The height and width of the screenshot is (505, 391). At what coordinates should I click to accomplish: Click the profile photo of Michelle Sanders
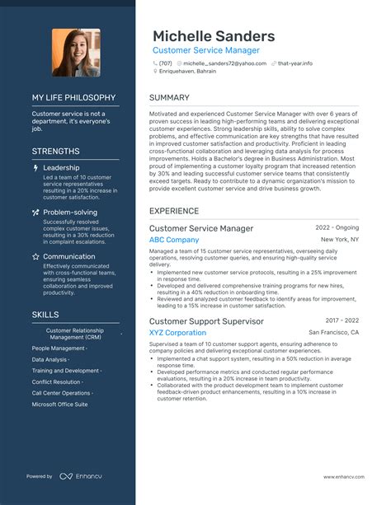pos(76,53)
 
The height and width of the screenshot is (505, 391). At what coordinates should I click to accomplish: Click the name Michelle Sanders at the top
pos(213,36)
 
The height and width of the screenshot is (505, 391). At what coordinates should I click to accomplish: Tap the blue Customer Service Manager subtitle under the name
pos(205,50)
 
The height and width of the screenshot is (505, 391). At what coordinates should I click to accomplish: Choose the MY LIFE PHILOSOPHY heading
pos(73,97)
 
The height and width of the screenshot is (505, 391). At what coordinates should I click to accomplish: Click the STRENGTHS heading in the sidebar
pos(56,152)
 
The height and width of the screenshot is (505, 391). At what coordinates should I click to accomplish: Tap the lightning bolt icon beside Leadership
pos(35,167)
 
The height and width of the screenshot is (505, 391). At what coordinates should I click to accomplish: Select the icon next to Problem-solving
pos(35,212)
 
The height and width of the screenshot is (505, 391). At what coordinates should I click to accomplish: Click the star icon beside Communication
pos(35,256)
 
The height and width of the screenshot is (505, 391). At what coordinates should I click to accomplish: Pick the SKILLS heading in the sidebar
pos(45,315)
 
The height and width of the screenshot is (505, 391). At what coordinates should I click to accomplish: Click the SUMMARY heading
pos(170,97)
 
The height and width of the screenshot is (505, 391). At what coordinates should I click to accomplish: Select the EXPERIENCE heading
pos(174,211)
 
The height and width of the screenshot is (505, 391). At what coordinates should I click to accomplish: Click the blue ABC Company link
pos(174,240)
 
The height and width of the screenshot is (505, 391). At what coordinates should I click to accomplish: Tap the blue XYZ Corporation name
pos(177,333)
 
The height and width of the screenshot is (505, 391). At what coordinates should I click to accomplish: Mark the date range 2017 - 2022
pos(342,320)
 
